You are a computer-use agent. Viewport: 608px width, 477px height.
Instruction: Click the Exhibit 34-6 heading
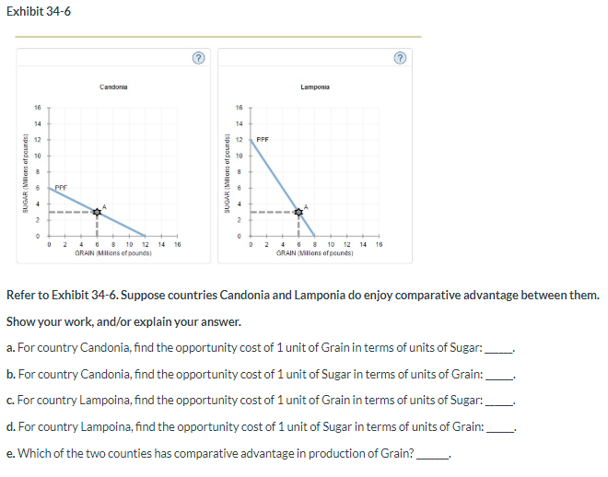tap(39, 11)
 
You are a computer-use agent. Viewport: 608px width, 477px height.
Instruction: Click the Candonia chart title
tap(113, 87)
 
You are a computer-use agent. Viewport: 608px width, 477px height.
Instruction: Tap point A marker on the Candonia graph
tap(97, 211)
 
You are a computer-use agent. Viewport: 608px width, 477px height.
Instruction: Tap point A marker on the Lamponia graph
tap(298, 211)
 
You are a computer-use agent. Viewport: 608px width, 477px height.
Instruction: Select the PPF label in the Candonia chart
tap(61, 187)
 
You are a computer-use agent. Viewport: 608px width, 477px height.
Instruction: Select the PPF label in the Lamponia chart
tap(263, 140)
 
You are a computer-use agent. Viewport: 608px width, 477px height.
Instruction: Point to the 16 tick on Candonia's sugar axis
tap(40, 108)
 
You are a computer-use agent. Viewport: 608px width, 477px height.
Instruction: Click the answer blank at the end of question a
tap(497, 347)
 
